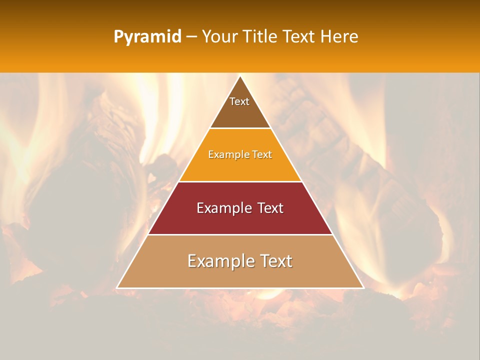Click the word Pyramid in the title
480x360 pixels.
coord(147,37)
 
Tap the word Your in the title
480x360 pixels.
coord(220,37)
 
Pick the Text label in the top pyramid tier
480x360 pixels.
coord(239,101)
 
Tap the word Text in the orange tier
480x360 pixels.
coord(262,155)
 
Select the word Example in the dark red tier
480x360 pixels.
coord(223,208)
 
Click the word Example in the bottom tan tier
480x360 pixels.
coord(218,261)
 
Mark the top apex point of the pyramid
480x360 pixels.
coord(240,76)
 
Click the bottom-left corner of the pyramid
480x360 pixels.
coord(117,288)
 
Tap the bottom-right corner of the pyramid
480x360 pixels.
coord(363,288)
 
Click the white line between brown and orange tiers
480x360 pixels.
coord(240,128)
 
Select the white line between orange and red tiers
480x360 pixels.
coord(240,181)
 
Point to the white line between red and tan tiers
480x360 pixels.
coord(240,234)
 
